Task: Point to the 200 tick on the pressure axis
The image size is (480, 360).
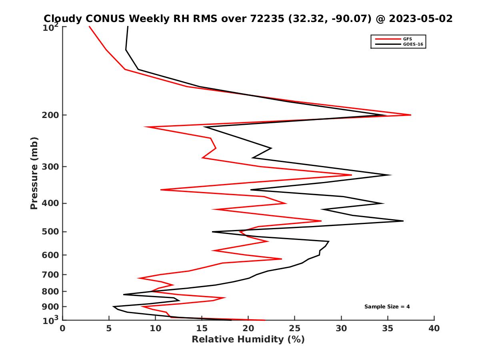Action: (52, 115)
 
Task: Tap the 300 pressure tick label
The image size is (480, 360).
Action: (52, 167)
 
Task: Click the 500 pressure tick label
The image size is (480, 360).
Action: (52, 232)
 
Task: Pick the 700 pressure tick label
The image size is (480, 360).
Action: (52, 275)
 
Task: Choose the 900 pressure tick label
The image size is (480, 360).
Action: (52, 307)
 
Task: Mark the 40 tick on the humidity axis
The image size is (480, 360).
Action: (434, 328)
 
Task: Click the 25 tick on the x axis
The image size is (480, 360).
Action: (295, 328)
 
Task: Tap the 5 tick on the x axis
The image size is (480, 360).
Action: (109, 328)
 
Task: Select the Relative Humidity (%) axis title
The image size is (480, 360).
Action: (248, 340)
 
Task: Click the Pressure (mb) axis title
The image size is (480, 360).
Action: (34, 173)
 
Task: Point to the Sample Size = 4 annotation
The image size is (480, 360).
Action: (387, 307)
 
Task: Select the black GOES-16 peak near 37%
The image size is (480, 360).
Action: (403, 221)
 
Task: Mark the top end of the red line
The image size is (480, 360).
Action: (89, 26)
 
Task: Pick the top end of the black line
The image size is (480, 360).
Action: (128, 26)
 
